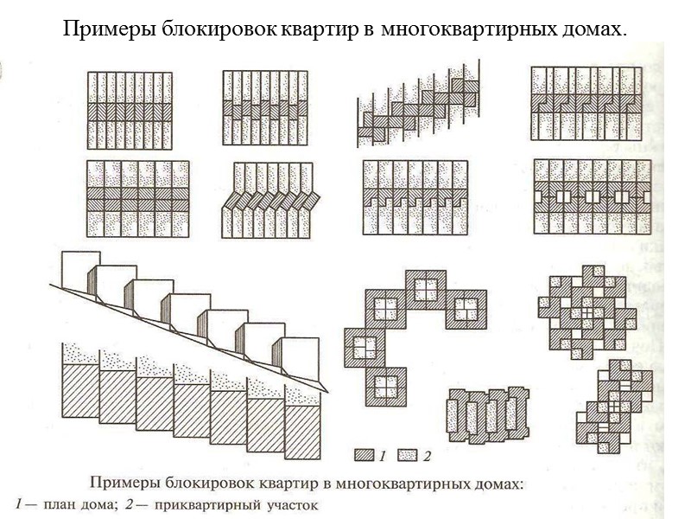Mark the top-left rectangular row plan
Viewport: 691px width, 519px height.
(x=130, y=109)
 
